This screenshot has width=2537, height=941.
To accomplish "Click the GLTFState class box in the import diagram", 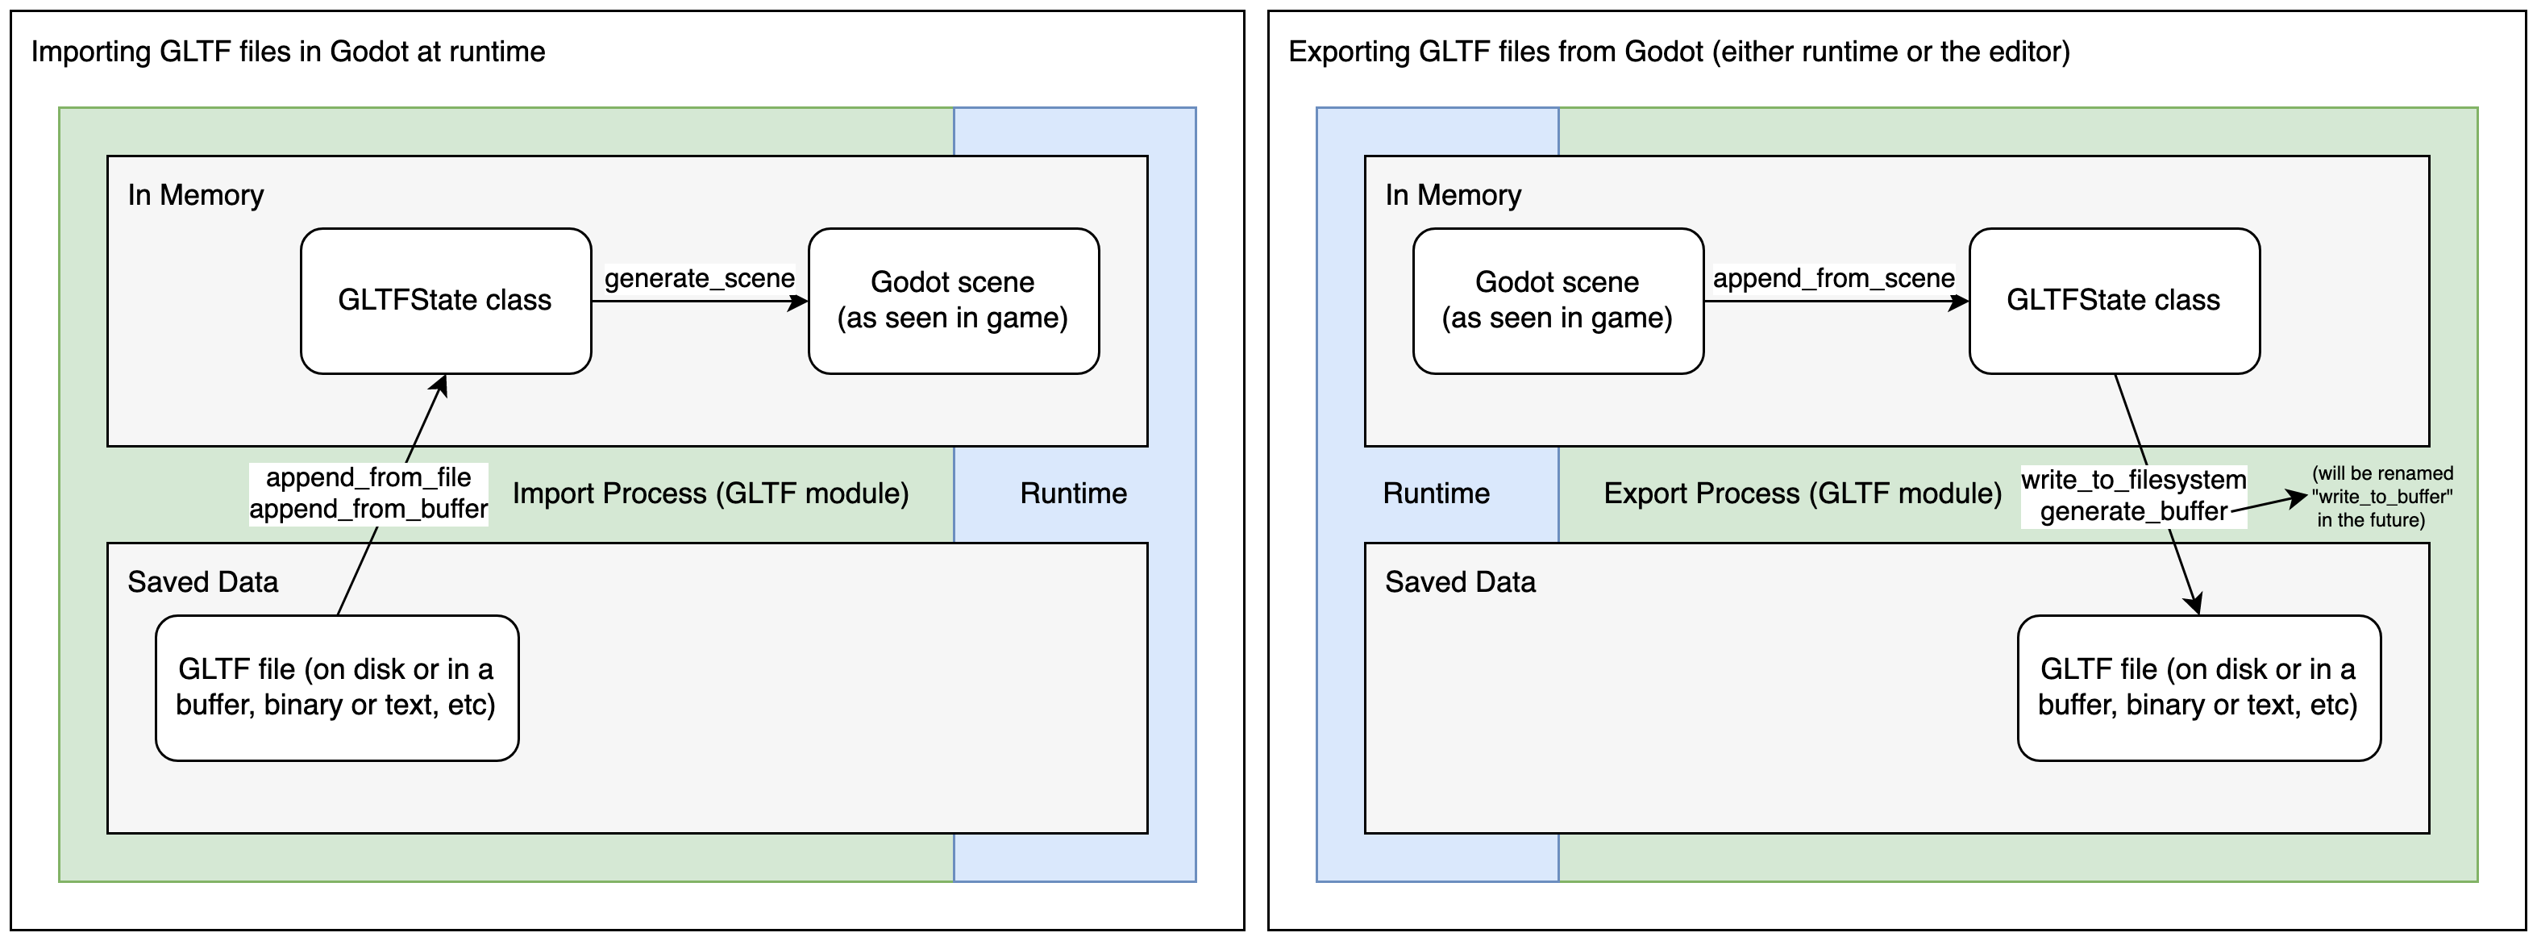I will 445,301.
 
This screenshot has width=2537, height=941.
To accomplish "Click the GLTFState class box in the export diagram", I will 2114,301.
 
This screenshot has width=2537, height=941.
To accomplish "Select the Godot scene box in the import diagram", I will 952,301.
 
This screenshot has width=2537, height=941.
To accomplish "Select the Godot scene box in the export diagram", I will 1557,301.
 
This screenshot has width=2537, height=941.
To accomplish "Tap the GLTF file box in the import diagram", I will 337,688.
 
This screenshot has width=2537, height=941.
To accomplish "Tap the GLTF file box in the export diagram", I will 2198,688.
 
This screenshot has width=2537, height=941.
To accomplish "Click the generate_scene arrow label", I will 699,279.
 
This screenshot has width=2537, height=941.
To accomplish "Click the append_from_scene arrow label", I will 1834,279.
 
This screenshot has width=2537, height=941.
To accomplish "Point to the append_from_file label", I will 368,478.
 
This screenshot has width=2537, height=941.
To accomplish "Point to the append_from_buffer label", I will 368,510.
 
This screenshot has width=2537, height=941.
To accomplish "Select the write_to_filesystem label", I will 2133,480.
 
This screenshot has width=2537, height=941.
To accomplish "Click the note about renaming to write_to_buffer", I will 2381,497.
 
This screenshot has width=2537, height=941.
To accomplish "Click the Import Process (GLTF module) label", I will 710,493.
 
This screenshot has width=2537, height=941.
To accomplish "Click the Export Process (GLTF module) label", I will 1803,493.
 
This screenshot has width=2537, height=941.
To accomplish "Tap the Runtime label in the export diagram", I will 1436,493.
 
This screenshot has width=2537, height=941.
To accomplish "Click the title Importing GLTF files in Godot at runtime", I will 288,52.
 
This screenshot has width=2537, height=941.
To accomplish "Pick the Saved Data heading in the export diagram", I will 1460,582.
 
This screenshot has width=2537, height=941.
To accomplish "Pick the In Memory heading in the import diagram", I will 195,195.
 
